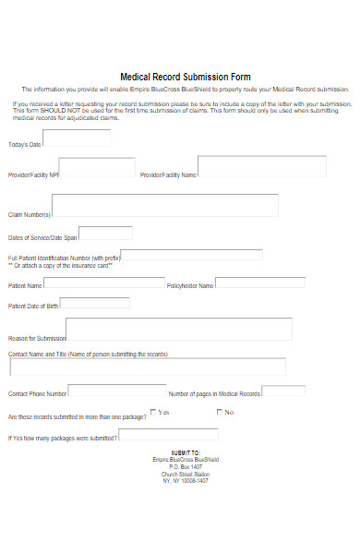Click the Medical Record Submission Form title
186,77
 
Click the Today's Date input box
77,138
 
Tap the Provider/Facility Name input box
262,166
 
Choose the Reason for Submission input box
179,330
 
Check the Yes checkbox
154,412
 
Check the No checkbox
220,412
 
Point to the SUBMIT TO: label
186,452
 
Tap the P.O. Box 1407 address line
186,466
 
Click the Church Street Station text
186,474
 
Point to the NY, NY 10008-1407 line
186,480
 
